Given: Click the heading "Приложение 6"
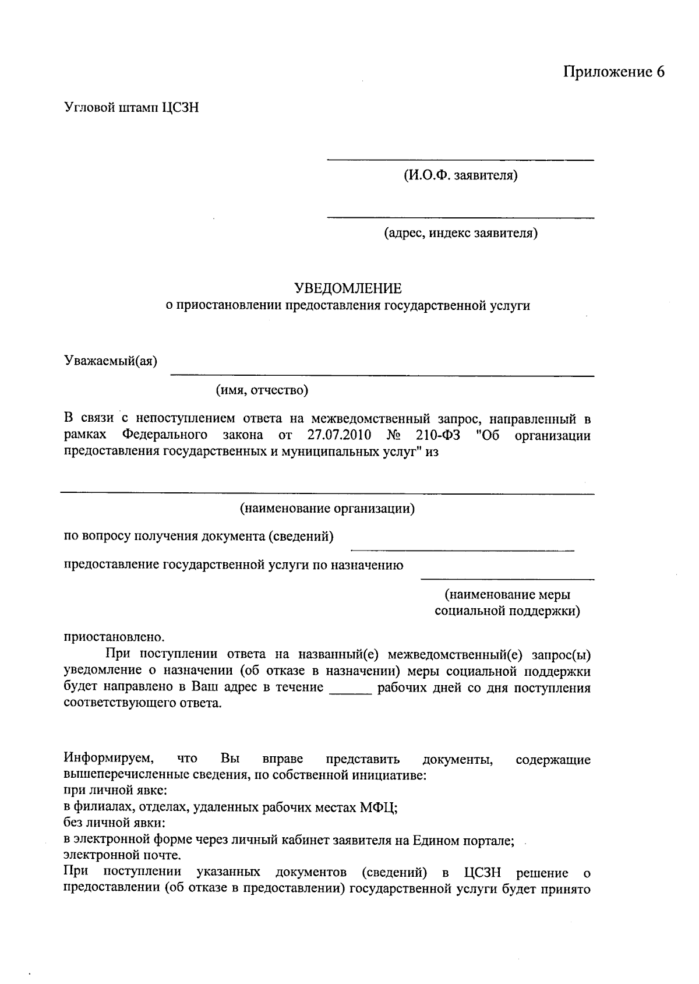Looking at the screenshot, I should point(613,72).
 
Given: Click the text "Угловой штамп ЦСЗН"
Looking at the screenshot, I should point(132,108).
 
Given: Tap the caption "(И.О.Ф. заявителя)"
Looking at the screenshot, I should point(460,175).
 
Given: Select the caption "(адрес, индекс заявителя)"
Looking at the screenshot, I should point(460,234).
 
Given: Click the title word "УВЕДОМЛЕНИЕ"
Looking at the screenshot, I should point(348,288).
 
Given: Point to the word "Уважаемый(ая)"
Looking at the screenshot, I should point(111,362).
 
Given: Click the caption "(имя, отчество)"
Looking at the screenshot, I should point(262,390).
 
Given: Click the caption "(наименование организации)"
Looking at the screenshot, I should point(327,509).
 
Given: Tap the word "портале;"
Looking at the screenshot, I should point(490,840).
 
